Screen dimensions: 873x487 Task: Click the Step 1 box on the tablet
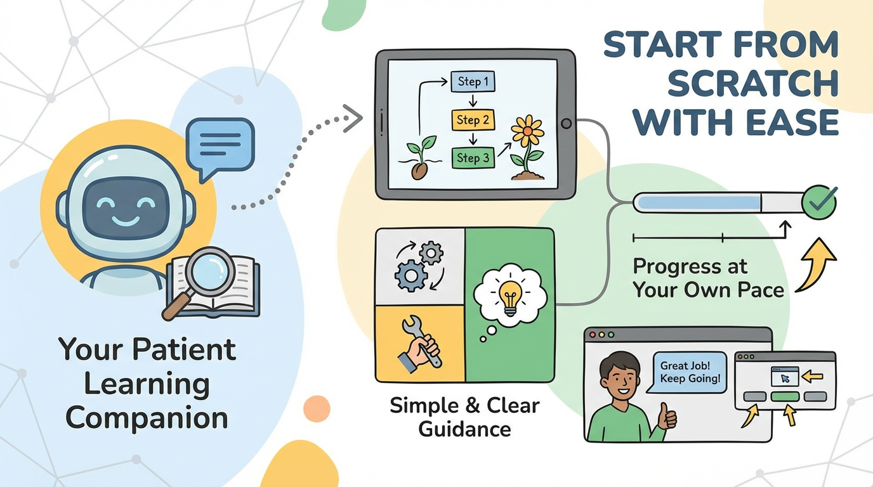pyautogui.click(x=473, y=81)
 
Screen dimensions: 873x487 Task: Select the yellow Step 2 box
pyautogui.click(x=473, y=120)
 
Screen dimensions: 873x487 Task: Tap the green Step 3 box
pyautogui.click(x=473, y=158)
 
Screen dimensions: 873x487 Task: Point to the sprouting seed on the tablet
pyautogui.click(x=420, y=158)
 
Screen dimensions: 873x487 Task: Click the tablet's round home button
pyautogui.click(x=567, y=124)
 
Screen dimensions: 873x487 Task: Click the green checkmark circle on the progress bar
pyautogui.click(x=819, y=202)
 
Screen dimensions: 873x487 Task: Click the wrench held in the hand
pyautogui.click(x=421, y=340)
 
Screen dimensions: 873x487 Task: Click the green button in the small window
pyautogui.click(x=785, y=396)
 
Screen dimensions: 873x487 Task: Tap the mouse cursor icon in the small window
pyautogui.click(x=785, y=379)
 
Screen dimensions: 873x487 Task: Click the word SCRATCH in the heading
pyautogui.click(x=753, y=83)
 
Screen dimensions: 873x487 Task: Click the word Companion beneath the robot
pyautogui.click(x=147, y=419)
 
